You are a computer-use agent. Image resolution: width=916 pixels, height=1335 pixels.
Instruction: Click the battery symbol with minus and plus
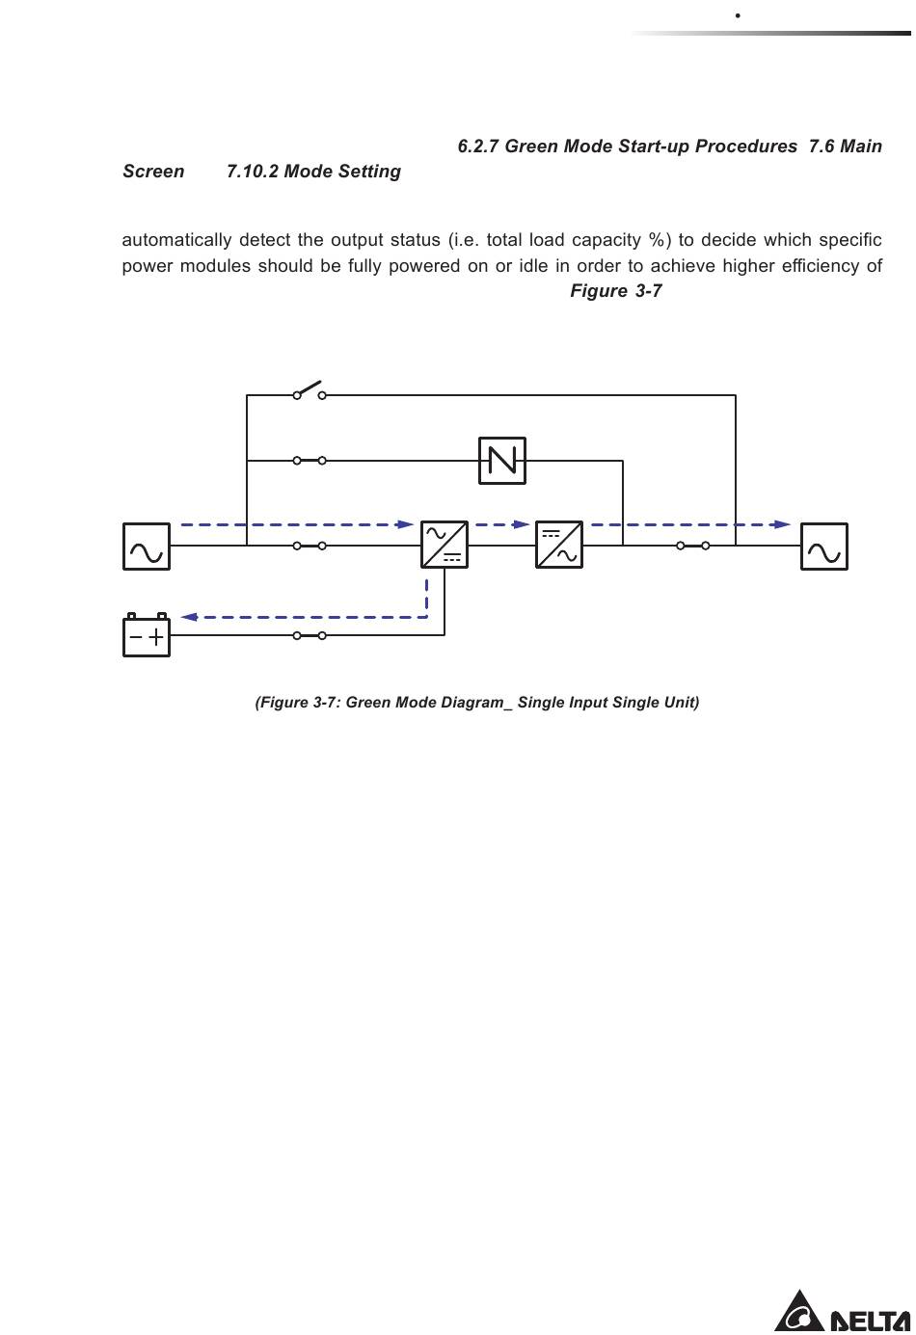tap(147, 636)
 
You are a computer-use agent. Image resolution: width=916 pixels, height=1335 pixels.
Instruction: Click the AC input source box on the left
tap(147, 547)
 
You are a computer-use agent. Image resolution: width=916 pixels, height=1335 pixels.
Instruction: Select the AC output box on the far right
tap(824, 547)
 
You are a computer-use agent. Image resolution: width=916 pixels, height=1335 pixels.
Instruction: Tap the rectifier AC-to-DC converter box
tap(445, 545)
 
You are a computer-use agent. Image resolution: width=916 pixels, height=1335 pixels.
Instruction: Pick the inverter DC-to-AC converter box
tap(559, 545)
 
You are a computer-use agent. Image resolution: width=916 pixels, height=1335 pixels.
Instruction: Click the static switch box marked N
tap(502, 461)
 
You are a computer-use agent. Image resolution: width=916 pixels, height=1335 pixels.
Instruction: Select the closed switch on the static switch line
tap(310, 461)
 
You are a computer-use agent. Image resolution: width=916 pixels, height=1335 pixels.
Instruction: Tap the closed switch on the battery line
tap(310, 635)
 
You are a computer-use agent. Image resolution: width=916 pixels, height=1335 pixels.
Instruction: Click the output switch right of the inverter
tap(693, 546)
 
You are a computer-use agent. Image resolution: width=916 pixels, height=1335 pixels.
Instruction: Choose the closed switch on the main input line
tap(310, 546)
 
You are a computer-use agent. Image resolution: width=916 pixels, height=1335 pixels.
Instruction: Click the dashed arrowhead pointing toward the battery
tap(189, 617)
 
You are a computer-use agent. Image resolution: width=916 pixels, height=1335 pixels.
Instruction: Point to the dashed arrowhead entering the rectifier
tap(406, 524)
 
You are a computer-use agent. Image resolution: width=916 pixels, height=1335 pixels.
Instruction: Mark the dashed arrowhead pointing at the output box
tap(782, 524)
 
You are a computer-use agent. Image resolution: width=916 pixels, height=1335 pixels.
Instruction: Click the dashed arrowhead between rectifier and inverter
tap(522, 524)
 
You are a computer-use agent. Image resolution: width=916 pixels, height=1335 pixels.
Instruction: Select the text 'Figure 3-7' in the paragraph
tap(615, 291)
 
